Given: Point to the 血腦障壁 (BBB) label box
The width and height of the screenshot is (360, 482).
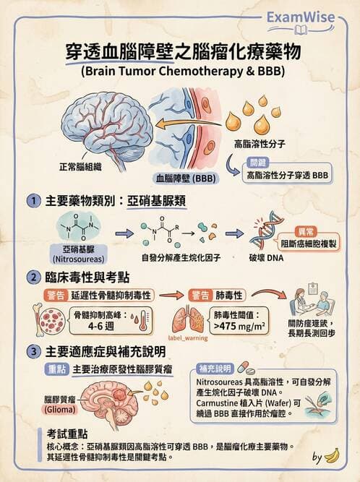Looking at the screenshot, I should point(185,176).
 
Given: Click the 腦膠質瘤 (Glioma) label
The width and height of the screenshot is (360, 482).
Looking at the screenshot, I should point(61,404).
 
